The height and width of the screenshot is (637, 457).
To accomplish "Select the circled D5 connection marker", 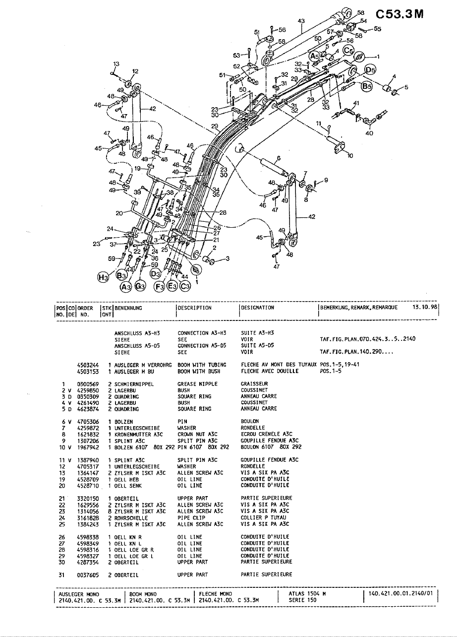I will [370, 70].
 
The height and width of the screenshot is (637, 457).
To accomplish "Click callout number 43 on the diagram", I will [301, 21].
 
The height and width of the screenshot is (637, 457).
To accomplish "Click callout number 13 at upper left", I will [116, 64].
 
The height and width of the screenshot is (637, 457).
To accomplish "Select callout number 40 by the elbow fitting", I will [369, 132].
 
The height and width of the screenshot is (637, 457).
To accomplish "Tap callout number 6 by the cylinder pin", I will [279, 158].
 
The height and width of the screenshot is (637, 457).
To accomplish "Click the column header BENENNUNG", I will [128, 308].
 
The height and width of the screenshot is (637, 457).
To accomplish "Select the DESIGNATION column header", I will [257, 308].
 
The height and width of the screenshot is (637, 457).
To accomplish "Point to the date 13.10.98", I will [423, 308].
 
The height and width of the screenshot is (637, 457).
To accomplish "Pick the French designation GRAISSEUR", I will [254, 384].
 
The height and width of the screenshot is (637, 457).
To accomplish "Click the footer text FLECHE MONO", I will [213, 594].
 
